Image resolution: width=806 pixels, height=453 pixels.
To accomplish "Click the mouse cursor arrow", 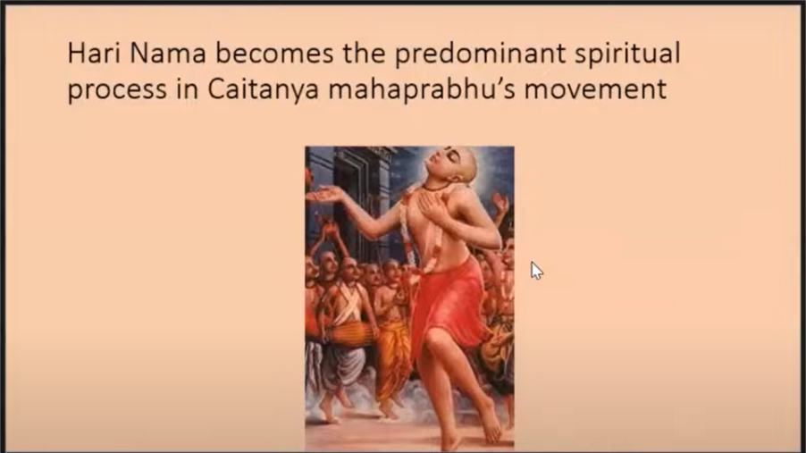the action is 536,271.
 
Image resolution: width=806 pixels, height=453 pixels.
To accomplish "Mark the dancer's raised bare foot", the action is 491,417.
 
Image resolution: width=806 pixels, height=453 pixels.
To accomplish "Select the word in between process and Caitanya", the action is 187,89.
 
